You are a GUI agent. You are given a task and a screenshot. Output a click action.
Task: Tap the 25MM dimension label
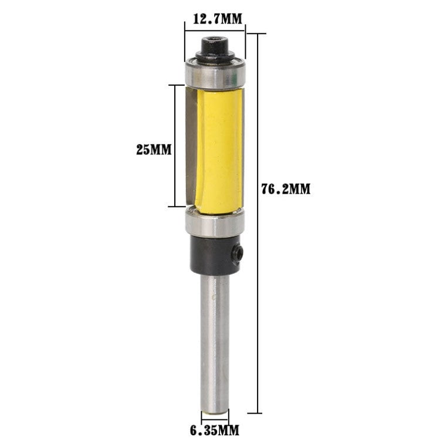click(x=153, y=150)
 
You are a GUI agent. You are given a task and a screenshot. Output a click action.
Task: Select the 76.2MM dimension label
click(x=286, y=189)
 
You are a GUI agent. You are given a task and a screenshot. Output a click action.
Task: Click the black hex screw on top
click(x=214, y=44)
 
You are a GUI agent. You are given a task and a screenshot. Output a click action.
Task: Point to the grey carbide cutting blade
click(x=191, y=147)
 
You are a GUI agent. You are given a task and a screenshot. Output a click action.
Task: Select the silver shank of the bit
click(x=214, y=340)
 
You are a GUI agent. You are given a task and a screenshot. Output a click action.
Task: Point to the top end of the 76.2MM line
click(x=256, y=33)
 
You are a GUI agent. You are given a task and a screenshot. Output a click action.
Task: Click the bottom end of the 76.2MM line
click(x=256, y=413)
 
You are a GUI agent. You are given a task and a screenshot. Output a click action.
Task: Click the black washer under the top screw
click(x=214, y=57)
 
